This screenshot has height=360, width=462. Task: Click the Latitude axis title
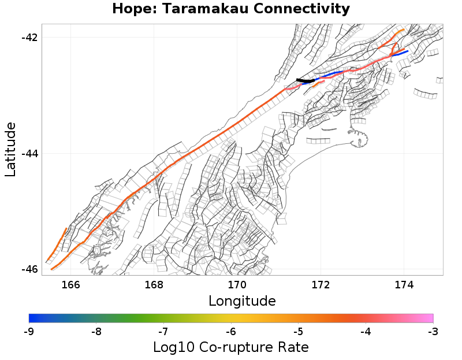click(x=10, y=149)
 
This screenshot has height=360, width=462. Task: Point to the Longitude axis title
click(x=242, y=301)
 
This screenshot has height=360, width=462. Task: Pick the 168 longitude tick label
click(x=154, y=284)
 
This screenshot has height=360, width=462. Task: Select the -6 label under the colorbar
click(x=231, y=332)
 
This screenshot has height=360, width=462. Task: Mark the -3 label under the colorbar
click(x=433, y=332)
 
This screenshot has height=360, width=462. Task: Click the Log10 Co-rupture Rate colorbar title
click(x=231, y=347)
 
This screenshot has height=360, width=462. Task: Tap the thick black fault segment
click(x=305, y=81)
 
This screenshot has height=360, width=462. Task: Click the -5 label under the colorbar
click(x=299, y=332)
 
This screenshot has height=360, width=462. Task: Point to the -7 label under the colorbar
click(x=164, y=332)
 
